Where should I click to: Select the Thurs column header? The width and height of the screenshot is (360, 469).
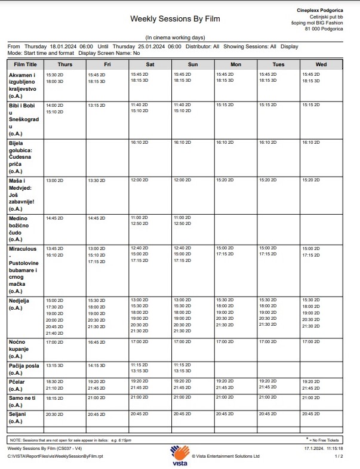(65, 64)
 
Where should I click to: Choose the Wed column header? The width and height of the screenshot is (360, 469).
(321, 64)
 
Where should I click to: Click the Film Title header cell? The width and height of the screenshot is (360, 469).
(25, 64)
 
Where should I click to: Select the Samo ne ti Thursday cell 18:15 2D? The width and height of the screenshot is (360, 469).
(54, 397)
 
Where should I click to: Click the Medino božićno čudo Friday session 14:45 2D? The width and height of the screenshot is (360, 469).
(97, 218)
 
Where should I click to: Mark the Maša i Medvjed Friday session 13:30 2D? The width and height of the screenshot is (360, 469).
(97, 180)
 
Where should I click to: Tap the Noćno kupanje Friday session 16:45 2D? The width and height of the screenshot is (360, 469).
(97, 343)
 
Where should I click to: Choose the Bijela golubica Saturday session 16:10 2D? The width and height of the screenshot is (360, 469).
(140, 143)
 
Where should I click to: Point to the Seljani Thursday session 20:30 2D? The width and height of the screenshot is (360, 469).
(54, 414)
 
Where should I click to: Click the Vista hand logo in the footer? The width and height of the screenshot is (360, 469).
(180, 453)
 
